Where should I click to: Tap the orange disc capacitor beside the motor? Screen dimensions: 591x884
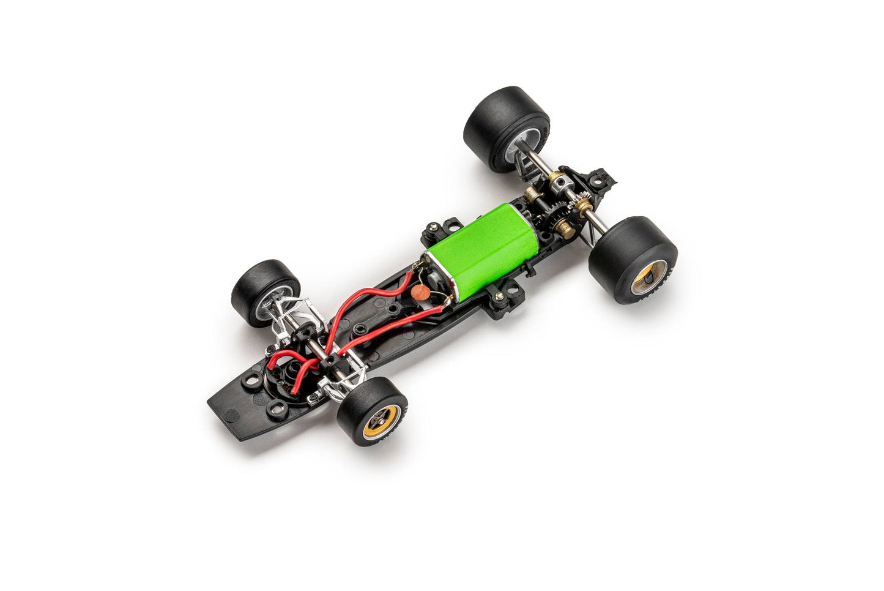pyautogui.click(x=420, y=293)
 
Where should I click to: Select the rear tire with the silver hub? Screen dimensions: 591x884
pyautogui.click(x=499, y=129)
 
